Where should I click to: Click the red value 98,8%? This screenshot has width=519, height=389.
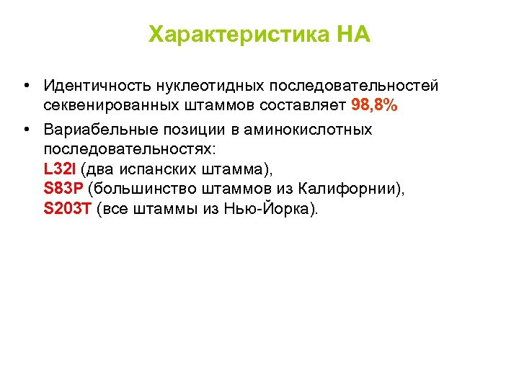point(374,105)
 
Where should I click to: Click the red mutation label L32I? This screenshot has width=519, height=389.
point(60,170)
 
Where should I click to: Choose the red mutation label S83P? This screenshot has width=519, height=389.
point(63,189)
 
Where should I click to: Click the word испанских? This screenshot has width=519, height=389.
point(160,170)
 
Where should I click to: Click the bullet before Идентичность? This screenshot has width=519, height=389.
point(26,86)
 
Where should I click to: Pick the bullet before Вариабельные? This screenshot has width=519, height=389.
point(26,130)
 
